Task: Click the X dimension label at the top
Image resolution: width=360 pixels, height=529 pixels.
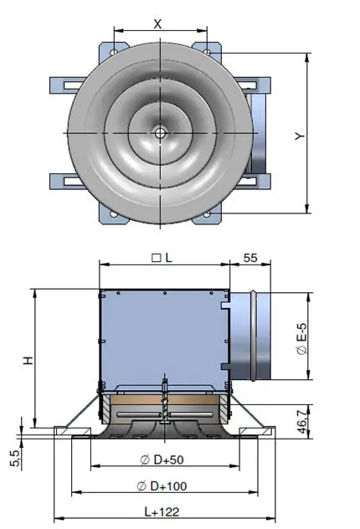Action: (158, 23)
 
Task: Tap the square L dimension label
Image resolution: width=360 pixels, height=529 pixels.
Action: (162, 259)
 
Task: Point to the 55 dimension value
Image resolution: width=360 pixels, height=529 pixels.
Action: (249, 259)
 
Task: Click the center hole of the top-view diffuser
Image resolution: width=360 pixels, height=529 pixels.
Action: (159, 132)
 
